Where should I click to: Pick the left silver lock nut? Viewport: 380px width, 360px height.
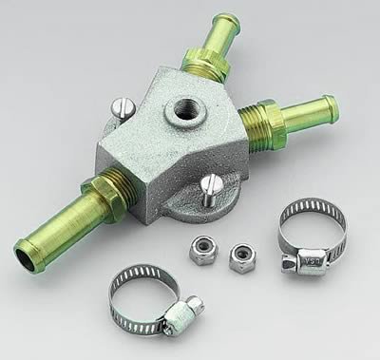click(x=201, y=249)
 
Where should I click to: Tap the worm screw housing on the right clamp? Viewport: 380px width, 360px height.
click(x=311, y=262)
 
